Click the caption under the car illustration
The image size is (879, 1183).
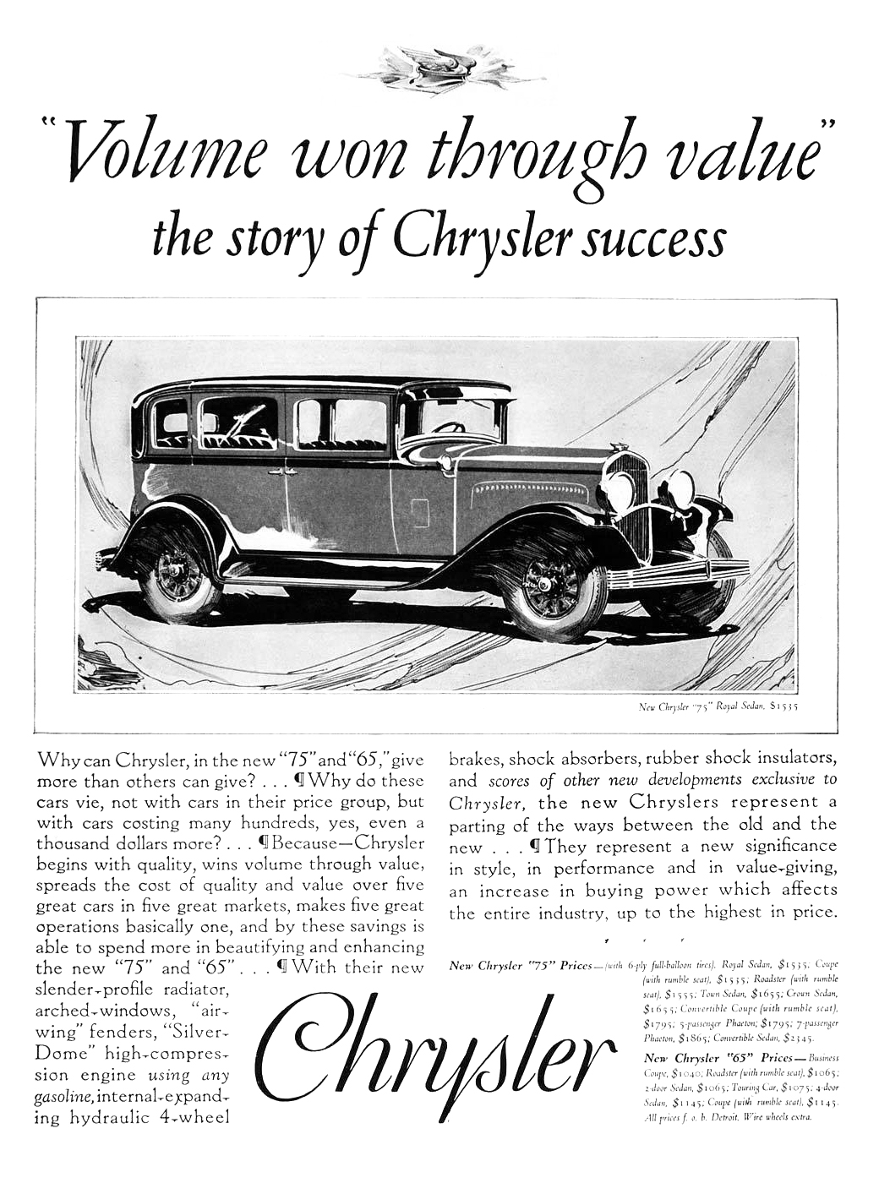tap(713, 702)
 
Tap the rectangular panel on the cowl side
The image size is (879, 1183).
tap(418, 513)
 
